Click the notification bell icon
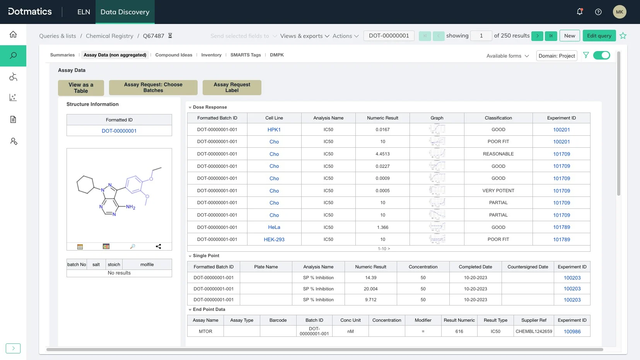point(579,12)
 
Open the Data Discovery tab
point(125,12)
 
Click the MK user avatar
point(620,12)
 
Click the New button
point(570,36)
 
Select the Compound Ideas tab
point(174,55)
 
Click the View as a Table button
point(81,88)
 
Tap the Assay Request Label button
point(232,87)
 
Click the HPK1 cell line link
point(274,130)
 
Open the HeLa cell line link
point(274,227)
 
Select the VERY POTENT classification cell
point(498,191)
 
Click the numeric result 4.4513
point(382,154)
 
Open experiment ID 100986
point(572,331)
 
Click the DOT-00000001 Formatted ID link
point(119,131)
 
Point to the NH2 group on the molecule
point(130,207)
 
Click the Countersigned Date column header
point(527,267)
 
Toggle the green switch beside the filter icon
point(601,55)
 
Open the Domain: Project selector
point(556,56)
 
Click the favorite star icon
point(623,36)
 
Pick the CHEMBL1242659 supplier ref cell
point(534,331)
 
